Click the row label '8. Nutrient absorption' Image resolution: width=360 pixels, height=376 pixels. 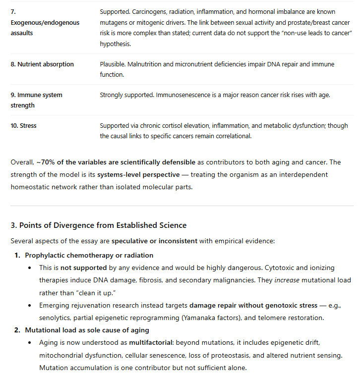pyautogui.click(x=42, y=64)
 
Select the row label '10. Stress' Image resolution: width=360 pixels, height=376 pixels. pyautogui.click(x=24, y=126)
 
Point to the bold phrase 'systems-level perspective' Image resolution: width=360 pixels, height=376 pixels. pyautogui.click(x=135, y=175)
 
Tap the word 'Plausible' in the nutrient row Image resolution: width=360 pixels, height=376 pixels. pyautogui.click(x=112, y=64)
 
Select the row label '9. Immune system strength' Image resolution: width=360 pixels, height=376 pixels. pyautogui.click(x=37, y=100)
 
